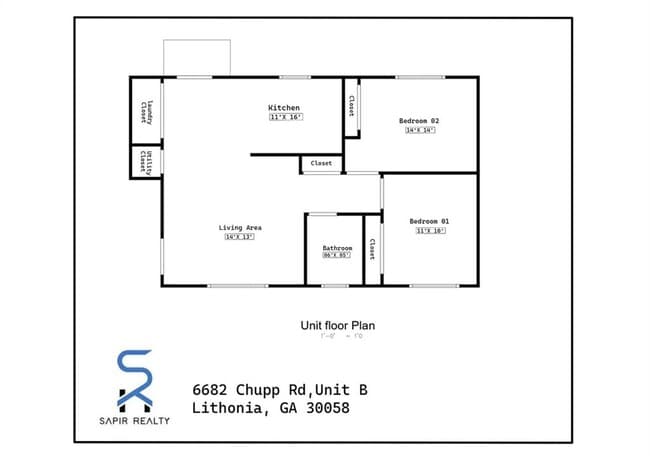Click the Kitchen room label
pos(283,108)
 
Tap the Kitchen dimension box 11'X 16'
pos(284,118)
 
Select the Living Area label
pos(240,228)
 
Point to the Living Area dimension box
pos(240,238)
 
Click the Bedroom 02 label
pos(419,121)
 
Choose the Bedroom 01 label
pos(429,221)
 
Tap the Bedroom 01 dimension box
pos(430,231)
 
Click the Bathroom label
pos(337,248)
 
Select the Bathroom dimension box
pos(337,256)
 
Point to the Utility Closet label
pos(147,161)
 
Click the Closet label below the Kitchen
pos(321,163)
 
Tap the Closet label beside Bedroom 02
pos(351,106)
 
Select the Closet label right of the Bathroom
pos(372,249)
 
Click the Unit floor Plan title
pos(337,325)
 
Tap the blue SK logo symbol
pos(135,380)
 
